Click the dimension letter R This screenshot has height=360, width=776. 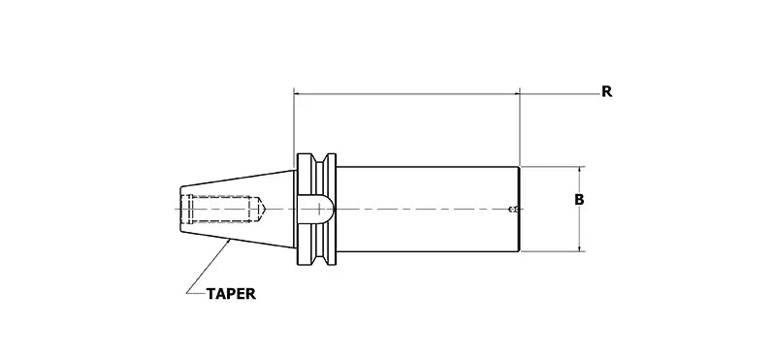tap(606, 92)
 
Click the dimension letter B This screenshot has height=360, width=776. tap(579, 200)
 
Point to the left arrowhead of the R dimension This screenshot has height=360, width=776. tap(298, 94)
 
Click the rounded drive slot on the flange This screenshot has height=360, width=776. tap(317, 209)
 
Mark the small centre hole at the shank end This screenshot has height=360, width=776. tap(514, 210)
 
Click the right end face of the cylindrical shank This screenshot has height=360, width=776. tap(520, 210)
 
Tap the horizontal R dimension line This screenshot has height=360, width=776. tap(407, 94)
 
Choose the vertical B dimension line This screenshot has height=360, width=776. tap(579, 223)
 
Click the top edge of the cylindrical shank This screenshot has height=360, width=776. tap(427, 167)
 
